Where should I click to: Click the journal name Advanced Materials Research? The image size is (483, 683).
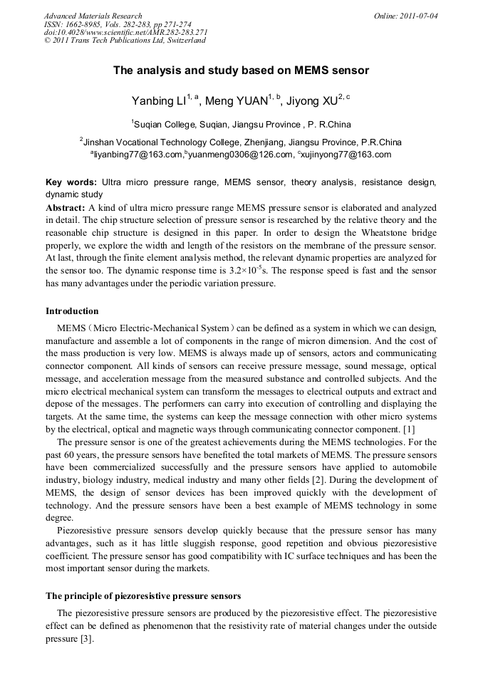click(93, 16)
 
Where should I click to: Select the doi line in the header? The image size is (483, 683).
click(125, 32)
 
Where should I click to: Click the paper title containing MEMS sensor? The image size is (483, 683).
click(241, 71)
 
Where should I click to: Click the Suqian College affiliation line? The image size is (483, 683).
click(241, 123)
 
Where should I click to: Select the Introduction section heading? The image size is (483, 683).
click(72, 311)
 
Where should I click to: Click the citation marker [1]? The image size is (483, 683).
click(408, 429)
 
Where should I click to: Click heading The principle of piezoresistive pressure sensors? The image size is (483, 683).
click(143, 595)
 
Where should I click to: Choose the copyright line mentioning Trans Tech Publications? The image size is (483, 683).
click(125, 41)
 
